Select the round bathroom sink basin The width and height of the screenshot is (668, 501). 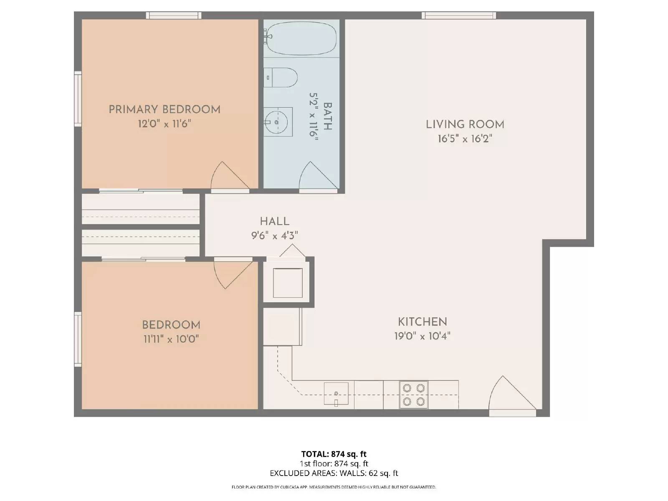tap(276, 122)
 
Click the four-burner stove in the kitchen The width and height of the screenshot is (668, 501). tap(414, 395)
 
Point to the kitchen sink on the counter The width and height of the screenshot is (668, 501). tap(336, 394)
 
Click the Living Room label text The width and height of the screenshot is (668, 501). tap(465, 124)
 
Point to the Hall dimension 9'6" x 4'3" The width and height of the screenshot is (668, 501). tap(274, 235)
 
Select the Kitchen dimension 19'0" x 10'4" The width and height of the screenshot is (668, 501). tap(423, 336)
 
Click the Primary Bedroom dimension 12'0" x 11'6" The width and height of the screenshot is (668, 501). tap(164, 124)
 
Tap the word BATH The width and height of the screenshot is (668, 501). tap(327, 116)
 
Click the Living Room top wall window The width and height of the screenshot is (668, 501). tap(458, 15)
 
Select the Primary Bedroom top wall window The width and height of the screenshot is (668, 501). tap(173, 15)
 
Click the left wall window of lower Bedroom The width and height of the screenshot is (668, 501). tap(78, 339)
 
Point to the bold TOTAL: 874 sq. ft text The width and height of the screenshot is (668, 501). tap(334, 454)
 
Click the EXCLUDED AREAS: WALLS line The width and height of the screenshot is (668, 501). tap(334, 473)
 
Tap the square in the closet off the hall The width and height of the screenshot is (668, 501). tap(288, 283)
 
